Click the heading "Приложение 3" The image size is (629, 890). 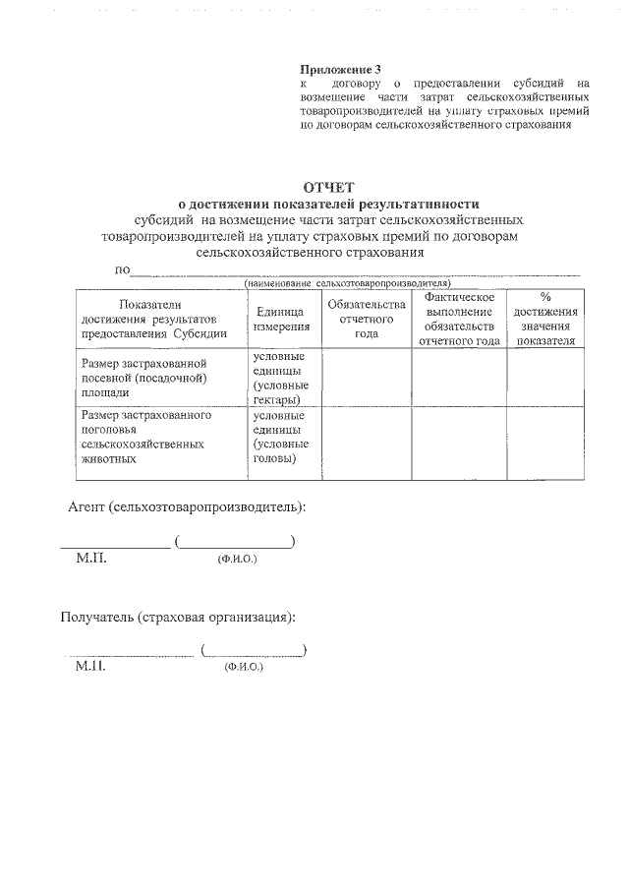pyautogui.click(x=339, y=69)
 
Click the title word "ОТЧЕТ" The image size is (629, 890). pyautogui.click(x=329, y=187)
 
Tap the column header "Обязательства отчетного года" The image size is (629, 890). pyautogui.click(x=366, y=319)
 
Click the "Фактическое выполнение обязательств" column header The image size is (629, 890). pyautogui.click(x=458, y=319)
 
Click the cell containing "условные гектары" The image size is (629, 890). pyautogui.click(x=278, y=378)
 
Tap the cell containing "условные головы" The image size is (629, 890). pyautogui.click(x=278, y=437)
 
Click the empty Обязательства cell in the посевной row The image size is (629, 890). pyautogui.click(x=366, y=378)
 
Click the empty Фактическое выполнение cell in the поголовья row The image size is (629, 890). pyautogui.click(x=458, y=443)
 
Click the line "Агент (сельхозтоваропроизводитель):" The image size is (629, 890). pyautogui.click(x=187, y=506)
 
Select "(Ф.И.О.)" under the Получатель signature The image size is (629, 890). pyautogui.click(x=244, y=668)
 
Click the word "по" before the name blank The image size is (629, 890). pyautogui.click(x=122, y=269)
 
